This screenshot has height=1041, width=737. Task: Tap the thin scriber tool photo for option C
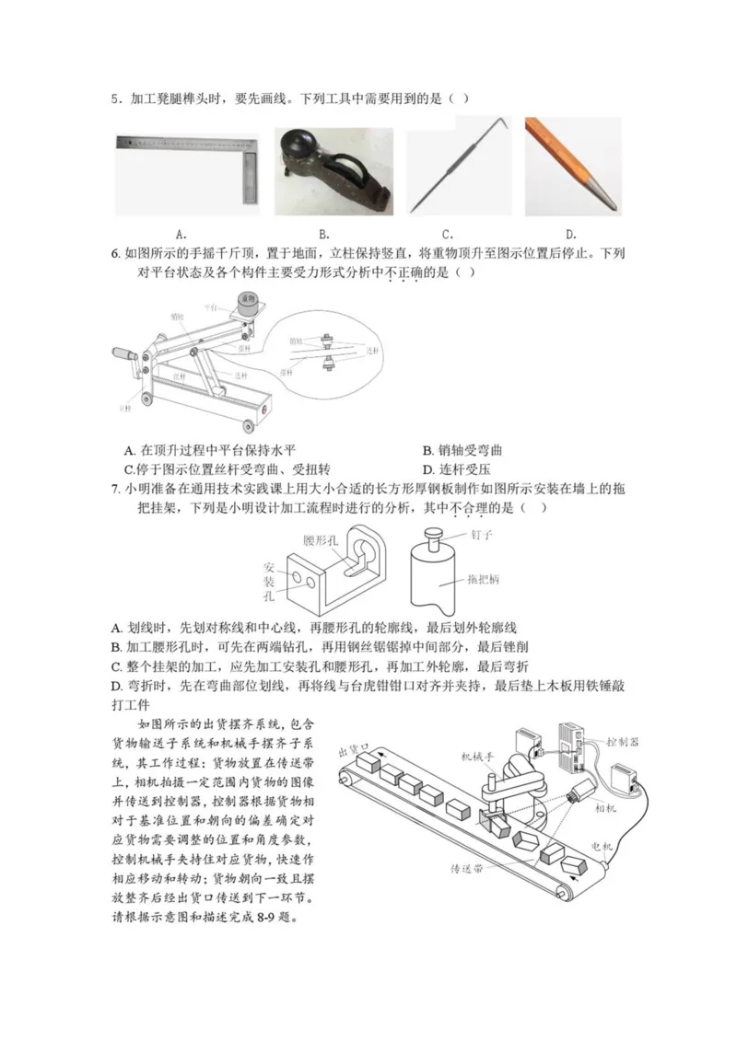click(x=458, y=166)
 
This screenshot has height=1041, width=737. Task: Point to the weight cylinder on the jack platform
click(x=247, y=300)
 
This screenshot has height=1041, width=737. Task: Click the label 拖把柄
click(x=485, y=580)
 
